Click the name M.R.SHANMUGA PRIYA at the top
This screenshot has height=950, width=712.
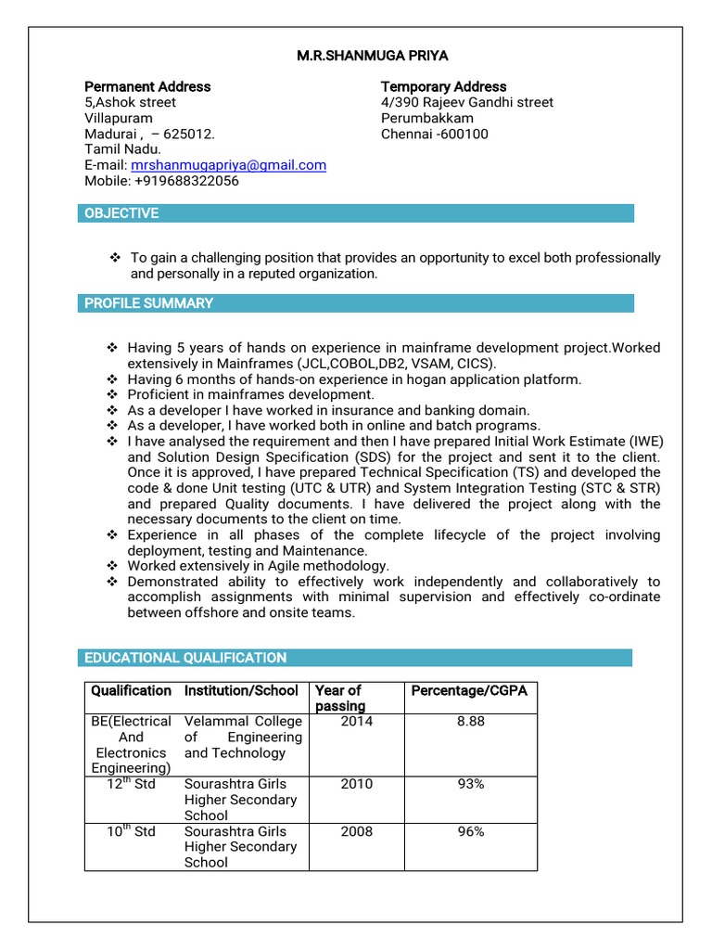click(x=372, y=56)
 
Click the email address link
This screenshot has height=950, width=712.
click(x=228, y=165)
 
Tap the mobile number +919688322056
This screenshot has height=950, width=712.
click(x=186, y=181)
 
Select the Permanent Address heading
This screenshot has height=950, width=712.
click(x=147, y=86)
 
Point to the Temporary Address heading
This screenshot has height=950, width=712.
click(x=443, y=86)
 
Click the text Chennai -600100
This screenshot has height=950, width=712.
click(x=434, y=134)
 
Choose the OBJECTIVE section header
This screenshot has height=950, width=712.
click(x=121, y=213)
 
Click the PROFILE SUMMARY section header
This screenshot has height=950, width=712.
click(x=148, y=303)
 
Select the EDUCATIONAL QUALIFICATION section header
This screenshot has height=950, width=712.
click(x=185, y=658)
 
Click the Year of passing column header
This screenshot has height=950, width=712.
click(x=340, y=698)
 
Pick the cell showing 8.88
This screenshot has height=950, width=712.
click(x=470, y=722)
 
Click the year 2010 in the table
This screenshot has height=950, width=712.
click(x=356, y=785)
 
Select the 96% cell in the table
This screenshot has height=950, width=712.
click(x=470, y=832)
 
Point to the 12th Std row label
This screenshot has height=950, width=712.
click(x=131, y=785)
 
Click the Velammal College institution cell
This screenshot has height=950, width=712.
click(x=243, y=737)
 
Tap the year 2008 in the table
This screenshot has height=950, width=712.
click(x=356, y=832)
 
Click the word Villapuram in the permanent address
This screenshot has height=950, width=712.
click(x=119, y=118)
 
